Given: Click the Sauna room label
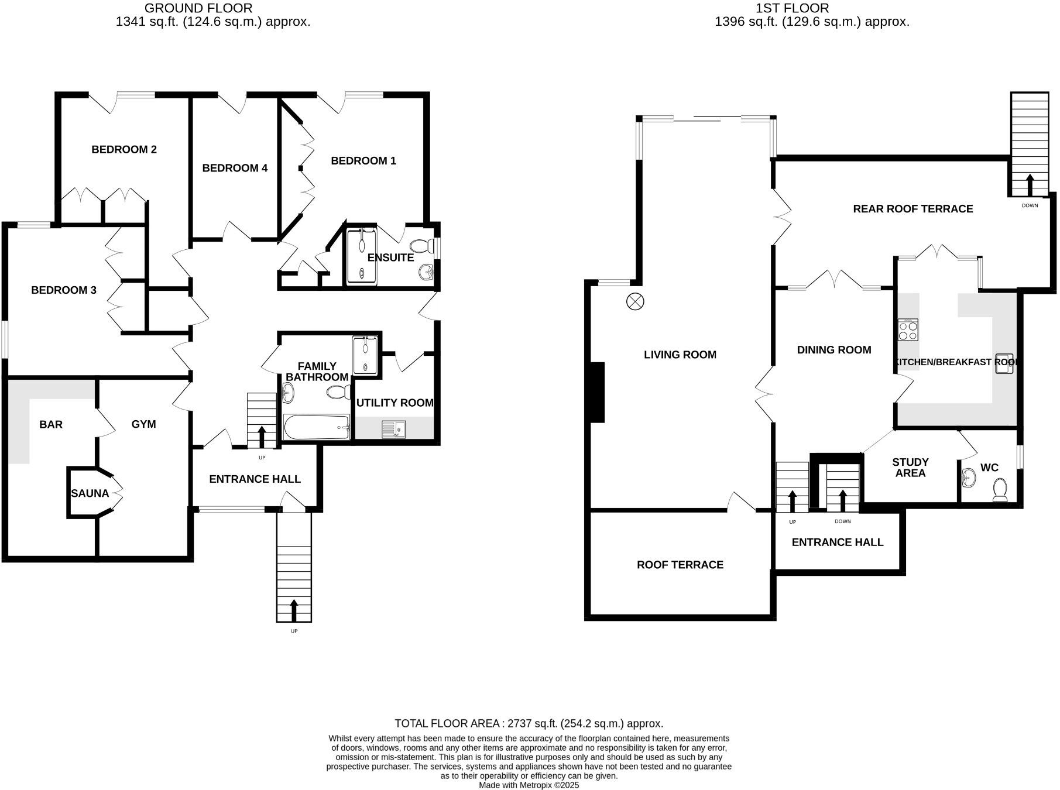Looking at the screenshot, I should [x=90, y=493].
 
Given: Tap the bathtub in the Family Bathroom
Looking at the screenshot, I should [x=317, y=427].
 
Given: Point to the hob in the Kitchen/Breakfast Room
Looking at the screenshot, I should [x=908, y=331].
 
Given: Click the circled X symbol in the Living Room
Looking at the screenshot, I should [x=635, y=302].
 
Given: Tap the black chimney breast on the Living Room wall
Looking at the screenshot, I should [x=596, y=392].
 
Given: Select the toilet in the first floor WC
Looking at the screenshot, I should [x=1000, y=490].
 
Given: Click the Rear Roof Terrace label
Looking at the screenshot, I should [x=913, y=209].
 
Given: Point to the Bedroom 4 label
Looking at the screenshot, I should [x=235, y=169].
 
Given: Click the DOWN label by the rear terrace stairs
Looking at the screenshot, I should [x=1030, y=205].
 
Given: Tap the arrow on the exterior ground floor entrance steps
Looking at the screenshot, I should [x=293, y=610].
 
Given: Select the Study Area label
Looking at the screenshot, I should [x=910, y=468].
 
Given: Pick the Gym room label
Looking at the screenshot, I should [x=143, y=424].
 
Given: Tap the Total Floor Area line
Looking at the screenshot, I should [x=529, y=723].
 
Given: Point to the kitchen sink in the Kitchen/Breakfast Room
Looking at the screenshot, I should [x=1004, y=363].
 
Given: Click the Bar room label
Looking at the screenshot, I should [x=51, y=425].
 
